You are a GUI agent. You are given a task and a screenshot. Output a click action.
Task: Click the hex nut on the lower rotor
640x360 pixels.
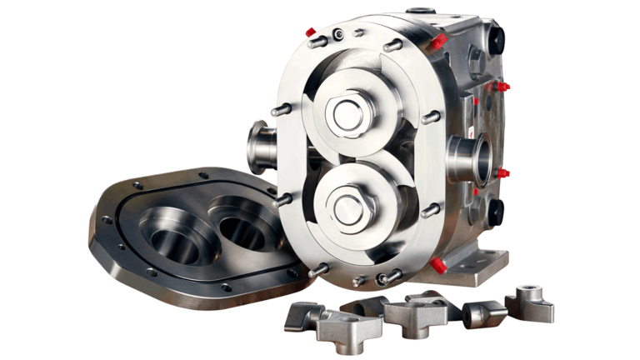coord(347,202)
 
